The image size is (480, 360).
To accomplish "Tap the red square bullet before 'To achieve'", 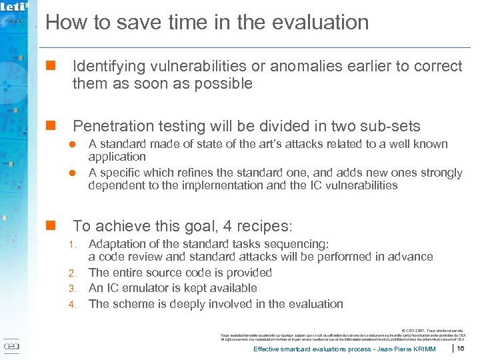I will point(49,226).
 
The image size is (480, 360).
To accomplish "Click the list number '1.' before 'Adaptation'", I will point(75,245).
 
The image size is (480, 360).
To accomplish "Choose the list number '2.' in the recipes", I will point(75,273).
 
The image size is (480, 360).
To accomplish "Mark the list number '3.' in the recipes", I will point(75,289).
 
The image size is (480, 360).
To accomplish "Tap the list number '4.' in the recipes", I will point(75,305).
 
